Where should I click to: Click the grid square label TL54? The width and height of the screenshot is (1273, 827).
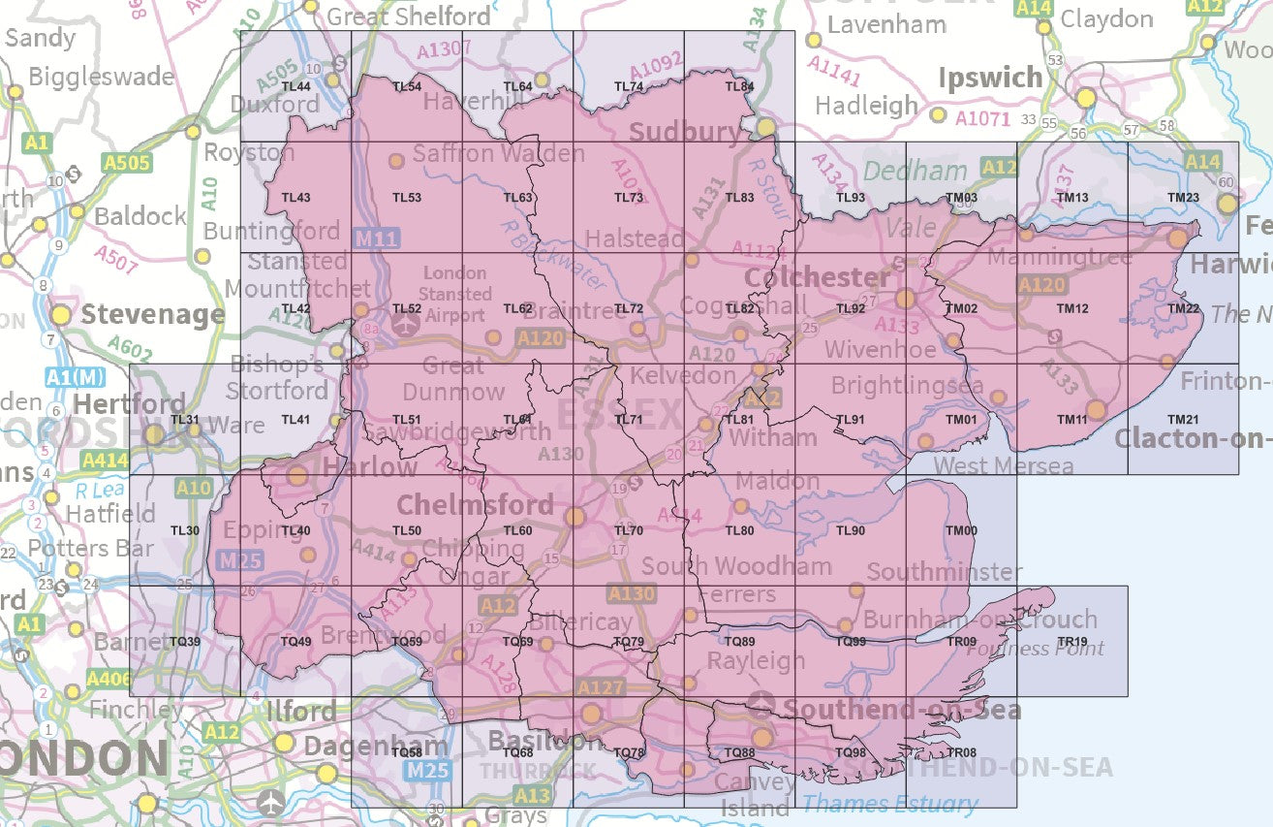point(406,87)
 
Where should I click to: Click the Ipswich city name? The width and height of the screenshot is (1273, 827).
point(989,79)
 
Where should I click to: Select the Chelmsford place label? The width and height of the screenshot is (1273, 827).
point(475,505)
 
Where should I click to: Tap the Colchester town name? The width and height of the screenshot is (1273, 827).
point(817,278)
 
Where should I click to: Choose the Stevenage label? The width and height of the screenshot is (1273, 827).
point(152,315)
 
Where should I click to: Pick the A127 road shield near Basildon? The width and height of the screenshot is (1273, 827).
point(601,687)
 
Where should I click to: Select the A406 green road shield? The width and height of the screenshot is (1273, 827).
point(106,679)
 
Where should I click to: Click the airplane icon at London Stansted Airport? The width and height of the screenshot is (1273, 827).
point(404,325)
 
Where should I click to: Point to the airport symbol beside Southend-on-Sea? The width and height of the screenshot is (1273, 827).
point(763,701)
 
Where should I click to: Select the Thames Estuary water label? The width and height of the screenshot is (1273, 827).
point(889,804)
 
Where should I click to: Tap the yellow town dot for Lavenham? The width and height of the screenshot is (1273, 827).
point(814,40)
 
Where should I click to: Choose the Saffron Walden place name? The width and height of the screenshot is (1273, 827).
point(498,153)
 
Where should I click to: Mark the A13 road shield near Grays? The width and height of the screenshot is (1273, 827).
point(532,796)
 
